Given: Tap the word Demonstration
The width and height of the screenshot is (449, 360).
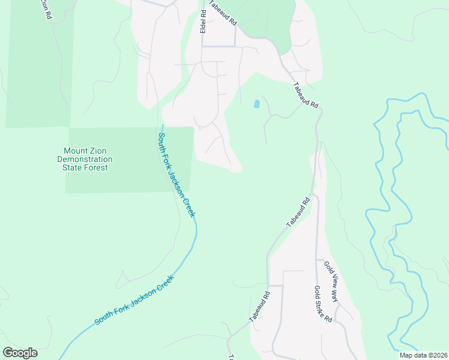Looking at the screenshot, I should pyautogui.click(x=85, y=159).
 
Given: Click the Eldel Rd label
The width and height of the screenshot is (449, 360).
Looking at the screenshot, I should pyautogui.click(x=204, y=21).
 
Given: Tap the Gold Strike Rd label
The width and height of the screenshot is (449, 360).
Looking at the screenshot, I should pyautogui.click(x=323, y=304).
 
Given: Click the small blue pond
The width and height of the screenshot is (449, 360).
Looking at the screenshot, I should pyautogui.click(x=257, y=104).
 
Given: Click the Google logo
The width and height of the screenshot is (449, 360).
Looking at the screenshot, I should pyautogui.click(x=20, y=353).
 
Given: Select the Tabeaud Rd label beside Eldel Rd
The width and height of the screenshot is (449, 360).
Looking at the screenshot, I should pyautogui.click(x=223, y=16).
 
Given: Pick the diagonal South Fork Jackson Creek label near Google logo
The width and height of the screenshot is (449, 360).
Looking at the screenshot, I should pyautogui.click(x=133, y=300).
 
